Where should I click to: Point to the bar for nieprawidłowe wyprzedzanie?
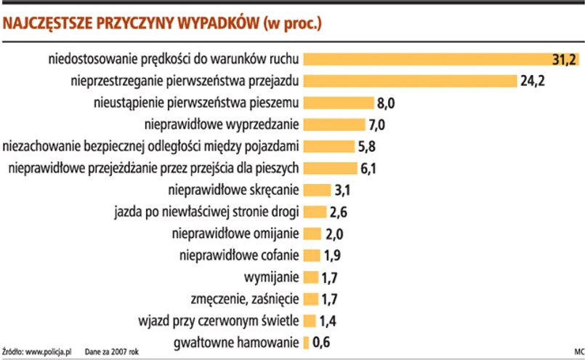point(334,125)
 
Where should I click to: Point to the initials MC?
point(578,352)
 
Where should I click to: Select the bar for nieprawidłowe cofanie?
point(312,255)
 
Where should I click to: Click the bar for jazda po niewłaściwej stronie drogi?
point(314,212)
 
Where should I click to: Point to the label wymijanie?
point(272,277)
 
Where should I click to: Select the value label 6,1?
point(370,169)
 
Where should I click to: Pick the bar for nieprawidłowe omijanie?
point(312,234)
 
